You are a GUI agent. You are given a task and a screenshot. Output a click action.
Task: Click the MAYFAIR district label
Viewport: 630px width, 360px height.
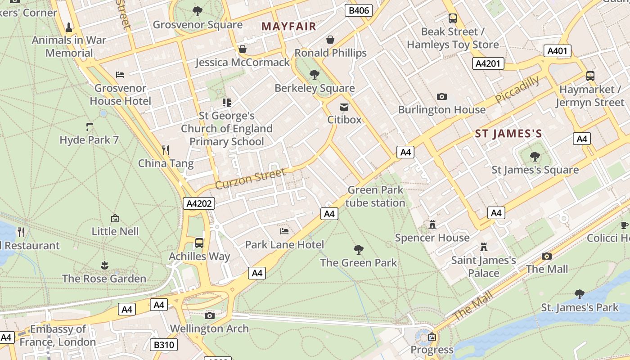click(289, 27)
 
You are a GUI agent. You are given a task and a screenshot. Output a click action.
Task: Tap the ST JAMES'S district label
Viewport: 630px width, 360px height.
click(508, 134)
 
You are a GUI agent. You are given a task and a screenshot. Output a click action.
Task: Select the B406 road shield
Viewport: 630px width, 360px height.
click(359, 10)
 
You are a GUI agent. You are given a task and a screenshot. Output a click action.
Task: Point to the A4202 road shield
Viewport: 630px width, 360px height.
click(199, 204)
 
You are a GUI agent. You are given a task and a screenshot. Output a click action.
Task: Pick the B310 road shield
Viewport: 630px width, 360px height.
click(163, 345)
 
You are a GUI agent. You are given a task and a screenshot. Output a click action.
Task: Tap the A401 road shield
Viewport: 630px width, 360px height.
click(557, 51)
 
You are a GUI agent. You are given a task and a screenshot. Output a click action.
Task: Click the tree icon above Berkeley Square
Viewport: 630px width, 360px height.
click(315, 75)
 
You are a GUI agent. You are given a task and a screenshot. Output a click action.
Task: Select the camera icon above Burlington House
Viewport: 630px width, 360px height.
click(442, 96)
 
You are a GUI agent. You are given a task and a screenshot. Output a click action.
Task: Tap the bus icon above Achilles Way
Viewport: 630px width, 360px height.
click(199, 243)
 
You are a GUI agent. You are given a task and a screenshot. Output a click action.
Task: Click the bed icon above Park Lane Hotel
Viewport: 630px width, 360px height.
click(284, 231)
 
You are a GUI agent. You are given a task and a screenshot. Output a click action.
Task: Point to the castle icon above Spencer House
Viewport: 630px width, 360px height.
click(432, 224)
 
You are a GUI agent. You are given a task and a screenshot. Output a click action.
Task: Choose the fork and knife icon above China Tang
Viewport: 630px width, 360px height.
click(166, 150)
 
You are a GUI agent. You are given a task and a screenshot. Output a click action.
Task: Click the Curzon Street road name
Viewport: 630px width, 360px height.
click(250, 179)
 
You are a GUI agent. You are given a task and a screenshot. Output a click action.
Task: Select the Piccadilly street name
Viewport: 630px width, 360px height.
click(517, 90)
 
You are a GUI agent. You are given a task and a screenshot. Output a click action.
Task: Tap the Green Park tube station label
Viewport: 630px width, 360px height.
click(375, 197)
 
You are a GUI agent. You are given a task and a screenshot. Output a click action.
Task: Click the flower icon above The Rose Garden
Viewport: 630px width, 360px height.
click(104, 265)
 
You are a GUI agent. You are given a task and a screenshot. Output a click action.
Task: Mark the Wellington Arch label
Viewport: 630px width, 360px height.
click(209, 329)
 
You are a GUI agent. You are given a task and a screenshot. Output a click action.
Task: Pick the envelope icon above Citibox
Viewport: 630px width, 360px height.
click(344, 107)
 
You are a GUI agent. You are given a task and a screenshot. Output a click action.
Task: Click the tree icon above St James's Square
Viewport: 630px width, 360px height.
click(535, 157)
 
